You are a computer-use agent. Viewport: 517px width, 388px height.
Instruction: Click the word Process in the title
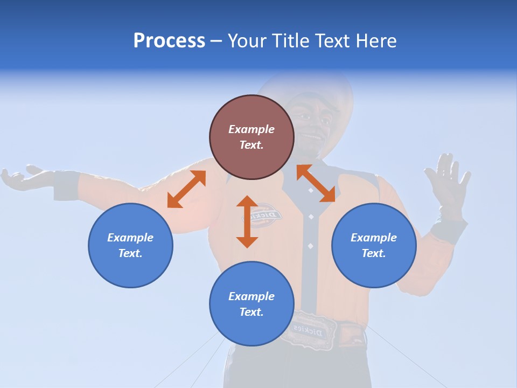(x=169, y=41)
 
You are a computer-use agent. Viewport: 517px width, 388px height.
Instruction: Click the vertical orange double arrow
(x=247, y=221)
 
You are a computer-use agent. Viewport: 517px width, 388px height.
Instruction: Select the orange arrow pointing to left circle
(x=186, y=189)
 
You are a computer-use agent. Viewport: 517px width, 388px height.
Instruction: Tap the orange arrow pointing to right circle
(x=316, y=184)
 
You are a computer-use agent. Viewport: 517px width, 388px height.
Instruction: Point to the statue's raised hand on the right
(x=447, y=181)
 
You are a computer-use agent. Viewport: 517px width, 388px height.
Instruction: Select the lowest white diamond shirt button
(x=310, y=246)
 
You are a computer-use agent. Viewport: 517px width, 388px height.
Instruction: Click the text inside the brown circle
(x=251, y=137)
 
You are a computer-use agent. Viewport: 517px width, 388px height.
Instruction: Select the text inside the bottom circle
(x=251, y=304)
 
